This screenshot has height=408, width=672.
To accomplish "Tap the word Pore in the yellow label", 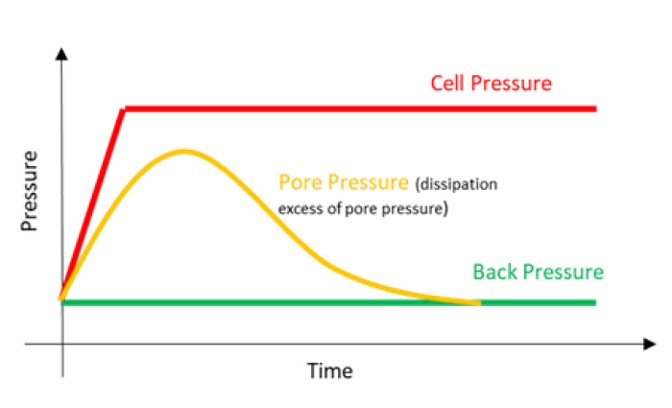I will (x=299, y=182).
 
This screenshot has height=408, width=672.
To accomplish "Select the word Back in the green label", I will (x=495, y=272).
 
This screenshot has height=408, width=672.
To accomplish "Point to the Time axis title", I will (x=329, y=370).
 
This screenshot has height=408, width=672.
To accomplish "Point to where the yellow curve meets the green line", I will (x=477, y=302).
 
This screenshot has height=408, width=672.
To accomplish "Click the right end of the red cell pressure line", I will (x=595, y=108).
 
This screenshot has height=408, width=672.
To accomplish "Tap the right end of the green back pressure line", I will (x=595, y=302).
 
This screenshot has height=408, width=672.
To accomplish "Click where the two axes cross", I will (x=62, y=343).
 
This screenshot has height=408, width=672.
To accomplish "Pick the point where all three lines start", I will (x=62, y=300).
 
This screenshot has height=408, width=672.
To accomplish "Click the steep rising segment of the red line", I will (x=93, y=204).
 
